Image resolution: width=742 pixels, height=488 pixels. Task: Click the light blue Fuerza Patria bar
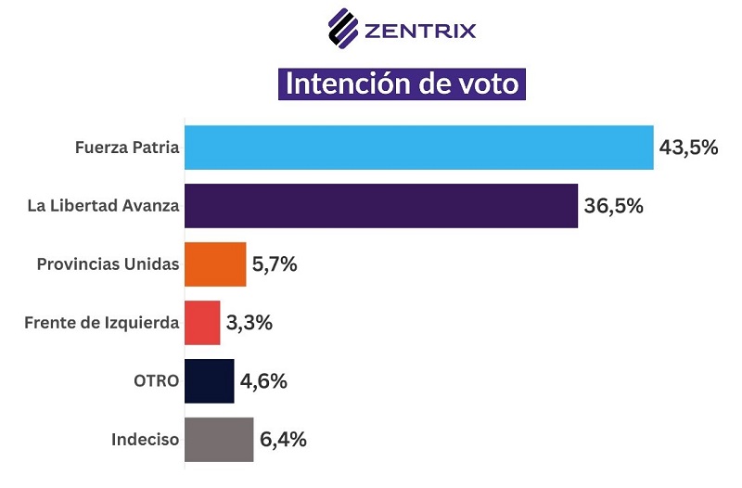click(418, 147)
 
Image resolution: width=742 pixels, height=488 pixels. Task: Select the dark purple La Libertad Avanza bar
click(380, 205)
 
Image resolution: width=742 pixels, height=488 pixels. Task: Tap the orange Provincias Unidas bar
click(215, 264)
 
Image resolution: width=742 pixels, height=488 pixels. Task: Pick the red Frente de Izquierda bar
click(202, 323)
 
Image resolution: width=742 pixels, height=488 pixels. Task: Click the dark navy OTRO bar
click(209, 381)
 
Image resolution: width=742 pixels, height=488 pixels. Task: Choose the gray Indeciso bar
click(219, 440)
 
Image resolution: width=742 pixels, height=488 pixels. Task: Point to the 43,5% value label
click(689, 147)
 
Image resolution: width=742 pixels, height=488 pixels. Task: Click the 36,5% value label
click(613, 205)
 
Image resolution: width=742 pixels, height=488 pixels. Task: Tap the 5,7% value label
click(274, 264)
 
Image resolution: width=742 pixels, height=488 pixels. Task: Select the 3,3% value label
click(249, 323)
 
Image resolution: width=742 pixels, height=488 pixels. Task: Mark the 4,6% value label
click(262, 381)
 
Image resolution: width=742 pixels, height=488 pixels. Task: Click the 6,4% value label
click(282, 440)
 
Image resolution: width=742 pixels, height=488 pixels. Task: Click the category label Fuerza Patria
click(127, 147)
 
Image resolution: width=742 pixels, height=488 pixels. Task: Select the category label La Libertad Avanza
click(102, 205)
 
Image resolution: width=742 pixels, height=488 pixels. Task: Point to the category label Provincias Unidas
click(108, 264)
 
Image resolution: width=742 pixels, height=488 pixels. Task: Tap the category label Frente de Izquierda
click(100, 323)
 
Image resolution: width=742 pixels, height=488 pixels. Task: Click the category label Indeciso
click(145, 440)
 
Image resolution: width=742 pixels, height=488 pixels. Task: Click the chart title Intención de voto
click(403, 83)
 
